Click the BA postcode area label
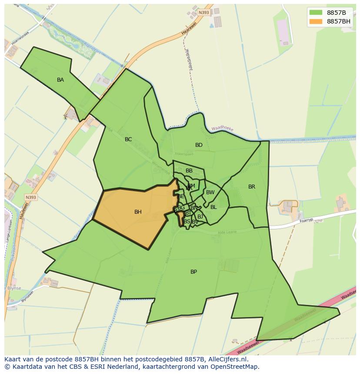pyautogui.click(x=60, y=80)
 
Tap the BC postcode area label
pyautogui.click(x=128, y=139)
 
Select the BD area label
pyautogui.click(x=199, y=145)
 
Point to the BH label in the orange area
pyautogui.click(x=138, y=212)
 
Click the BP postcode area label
pyautogui.click(x=193, y=272)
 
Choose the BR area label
pyautogui.click(x=252, y=187)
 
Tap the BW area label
pyautogui.click(x=210, y=192)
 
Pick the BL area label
pyautogui.click(x=213, y=207)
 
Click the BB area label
pyautogui.click(x=189, y=171)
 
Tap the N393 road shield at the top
pyautogui.click(x=203, y=13)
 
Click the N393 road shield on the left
pyautogui.click(x=31, y=197)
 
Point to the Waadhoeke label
pyautogui.click(x=222, y=129)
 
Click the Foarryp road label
pyautogui.click(x=306, y=220)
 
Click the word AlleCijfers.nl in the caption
pyautogui.click(x=226, y=359)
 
